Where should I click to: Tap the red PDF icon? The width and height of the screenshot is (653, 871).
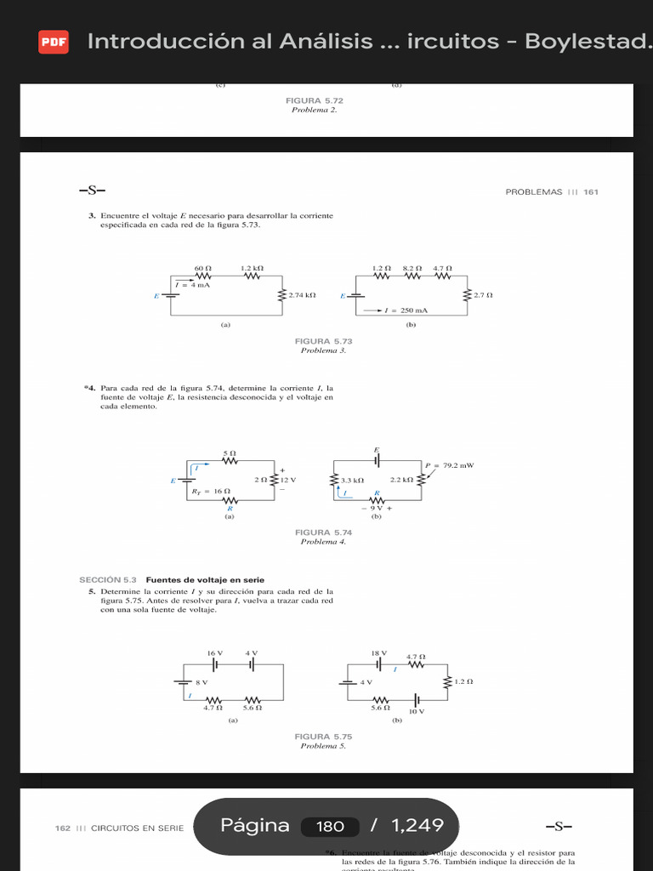point(54,42)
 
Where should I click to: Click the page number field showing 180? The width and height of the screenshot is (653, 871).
point(330,826)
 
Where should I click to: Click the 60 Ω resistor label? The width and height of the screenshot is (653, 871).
point(202,268)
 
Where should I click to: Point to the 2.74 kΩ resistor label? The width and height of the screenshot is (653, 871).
point(302,295)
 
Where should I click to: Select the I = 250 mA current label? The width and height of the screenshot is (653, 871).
point(406,310)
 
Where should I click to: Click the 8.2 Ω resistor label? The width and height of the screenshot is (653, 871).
point(412,268)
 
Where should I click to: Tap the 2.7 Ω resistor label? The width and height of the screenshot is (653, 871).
point(483,295)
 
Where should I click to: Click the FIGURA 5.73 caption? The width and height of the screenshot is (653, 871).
point(323,341)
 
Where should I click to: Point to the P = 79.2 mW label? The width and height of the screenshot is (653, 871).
point(448,465)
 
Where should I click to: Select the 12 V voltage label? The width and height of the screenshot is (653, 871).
point(287,480)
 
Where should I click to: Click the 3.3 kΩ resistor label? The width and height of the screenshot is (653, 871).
point(353,480)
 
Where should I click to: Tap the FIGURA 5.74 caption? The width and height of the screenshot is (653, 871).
point(323,532)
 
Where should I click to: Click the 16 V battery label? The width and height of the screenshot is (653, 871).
point(214,653)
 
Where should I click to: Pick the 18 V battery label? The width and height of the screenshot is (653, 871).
point(378,653)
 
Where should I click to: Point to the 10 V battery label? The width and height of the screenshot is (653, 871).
point(416,710)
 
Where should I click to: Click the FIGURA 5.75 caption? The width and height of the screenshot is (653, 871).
point(323,737)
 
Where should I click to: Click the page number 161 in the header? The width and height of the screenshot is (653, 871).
point(591,192)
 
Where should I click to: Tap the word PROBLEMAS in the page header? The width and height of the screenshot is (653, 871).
point(534,192)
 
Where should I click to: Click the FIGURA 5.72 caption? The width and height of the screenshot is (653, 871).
point(315,100)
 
